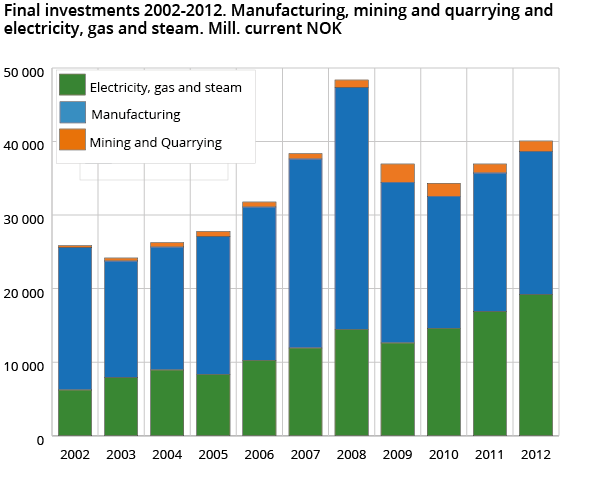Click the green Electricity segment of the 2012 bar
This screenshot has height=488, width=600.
pos(535,365)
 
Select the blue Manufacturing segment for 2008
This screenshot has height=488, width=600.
pos(351,208)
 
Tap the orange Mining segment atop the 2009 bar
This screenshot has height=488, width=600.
pos(397,173)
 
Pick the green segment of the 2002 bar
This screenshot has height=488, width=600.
pos(75,412)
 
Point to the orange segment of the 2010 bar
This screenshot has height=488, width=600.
pos(443,190)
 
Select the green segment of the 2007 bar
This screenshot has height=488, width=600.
pos(305,391)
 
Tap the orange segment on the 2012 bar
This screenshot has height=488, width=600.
pos(535,146)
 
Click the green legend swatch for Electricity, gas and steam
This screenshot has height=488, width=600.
pos(72,86)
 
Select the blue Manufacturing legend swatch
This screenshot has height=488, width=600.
pos(72,114)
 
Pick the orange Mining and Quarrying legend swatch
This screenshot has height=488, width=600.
pos(72,140)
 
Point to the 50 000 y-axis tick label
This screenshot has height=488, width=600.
pos(25,72)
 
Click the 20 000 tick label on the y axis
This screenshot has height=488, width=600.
pos(25,291)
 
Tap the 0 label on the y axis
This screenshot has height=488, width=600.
pos(39,438)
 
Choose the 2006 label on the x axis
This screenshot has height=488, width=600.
pos(259,455)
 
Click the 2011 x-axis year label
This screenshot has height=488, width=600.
pos(489,455)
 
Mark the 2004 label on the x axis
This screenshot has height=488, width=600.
pos(167,455)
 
